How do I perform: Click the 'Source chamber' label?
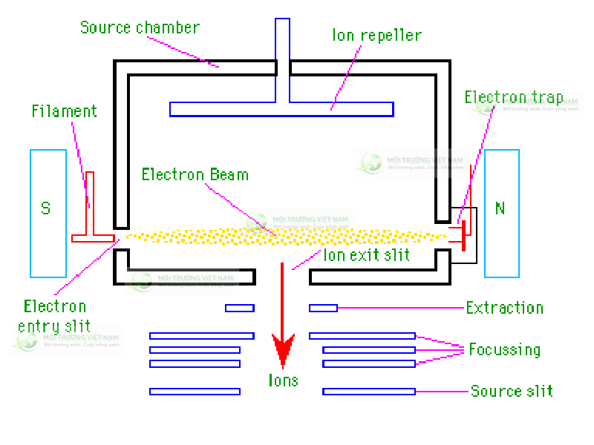click(x=140, y=28)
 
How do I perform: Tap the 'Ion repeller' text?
click(x=377, y=35)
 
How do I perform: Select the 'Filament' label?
click(x=65, y=111)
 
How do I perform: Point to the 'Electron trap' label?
click(x=513, y=97)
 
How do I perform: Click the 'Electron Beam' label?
click(x=195, y=175)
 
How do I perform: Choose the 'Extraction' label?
click(x=505, y=308)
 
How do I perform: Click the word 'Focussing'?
click(x=504, y=349)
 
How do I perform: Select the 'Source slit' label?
click(x=512, y=391)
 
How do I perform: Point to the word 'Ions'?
click(x=283, y=380)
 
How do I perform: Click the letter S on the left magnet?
click(x=46, y=209)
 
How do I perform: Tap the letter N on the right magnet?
click(x=500, y=208)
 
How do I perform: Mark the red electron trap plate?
click(x=463, y=235)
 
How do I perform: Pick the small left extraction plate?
click(x=240, y=308)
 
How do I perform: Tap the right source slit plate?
click(x=368, y=391)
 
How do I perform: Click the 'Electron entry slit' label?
click(x=54, y=315)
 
